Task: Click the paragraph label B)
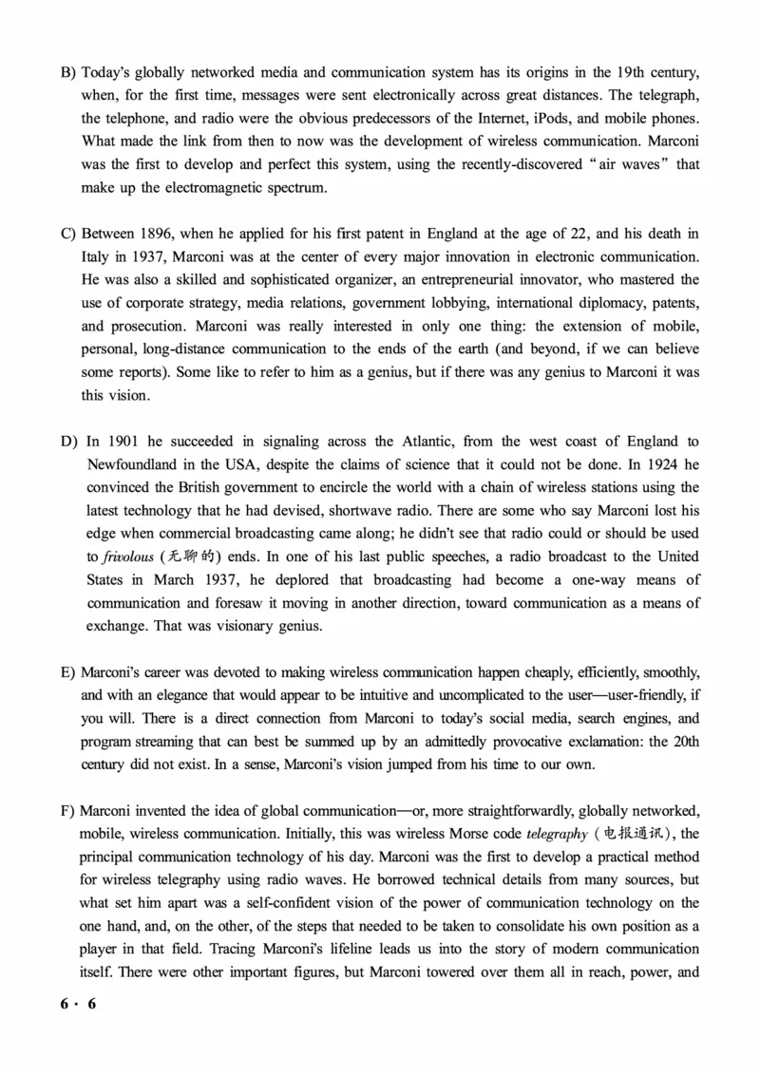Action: coord(67,72)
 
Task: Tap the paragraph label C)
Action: coord(67,234)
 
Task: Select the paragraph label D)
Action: coord(68,442)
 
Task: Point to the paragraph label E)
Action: coord(67,672)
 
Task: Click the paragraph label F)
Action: coord(67,811)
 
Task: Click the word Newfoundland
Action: coord(132,465)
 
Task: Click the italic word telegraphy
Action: coord(556,834)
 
